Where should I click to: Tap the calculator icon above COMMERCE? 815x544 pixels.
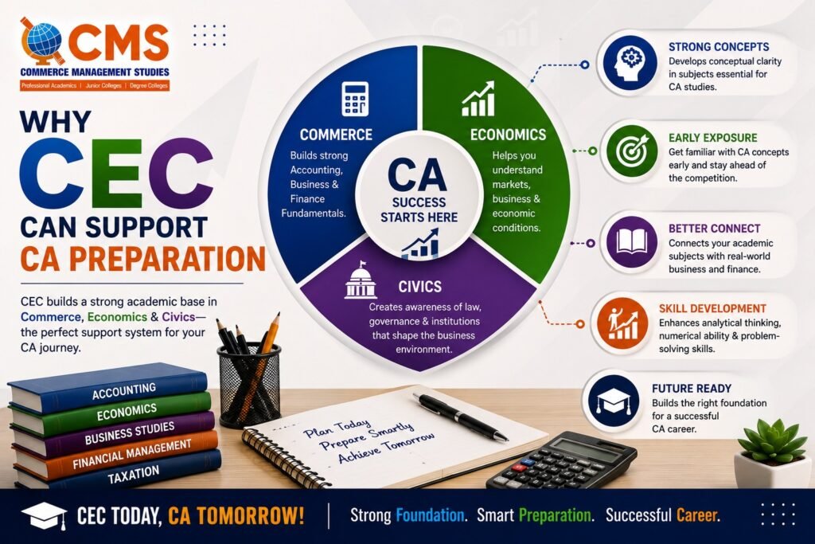pos(355,98)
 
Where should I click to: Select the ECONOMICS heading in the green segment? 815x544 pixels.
pos(508,135)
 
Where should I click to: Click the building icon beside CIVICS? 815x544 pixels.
pos(361,280)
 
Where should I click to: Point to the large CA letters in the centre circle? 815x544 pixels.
pos(417,176)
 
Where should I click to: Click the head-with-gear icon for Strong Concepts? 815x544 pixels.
pos(630,62)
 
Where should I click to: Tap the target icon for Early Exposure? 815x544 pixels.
pos(632,151)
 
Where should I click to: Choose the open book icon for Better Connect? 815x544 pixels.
pos(632,242)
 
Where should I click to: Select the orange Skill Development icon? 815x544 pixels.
pos(622,323)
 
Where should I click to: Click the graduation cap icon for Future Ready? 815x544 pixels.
pos(614,402)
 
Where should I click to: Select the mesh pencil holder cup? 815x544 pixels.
pos(249,384)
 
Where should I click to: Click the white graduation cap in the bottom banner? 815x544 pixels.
pos(45,515)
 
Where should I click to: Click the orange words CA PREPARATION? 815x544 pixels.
pos(143,259)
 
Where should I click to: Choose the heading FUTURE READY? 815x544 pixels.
pos(692,389)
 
